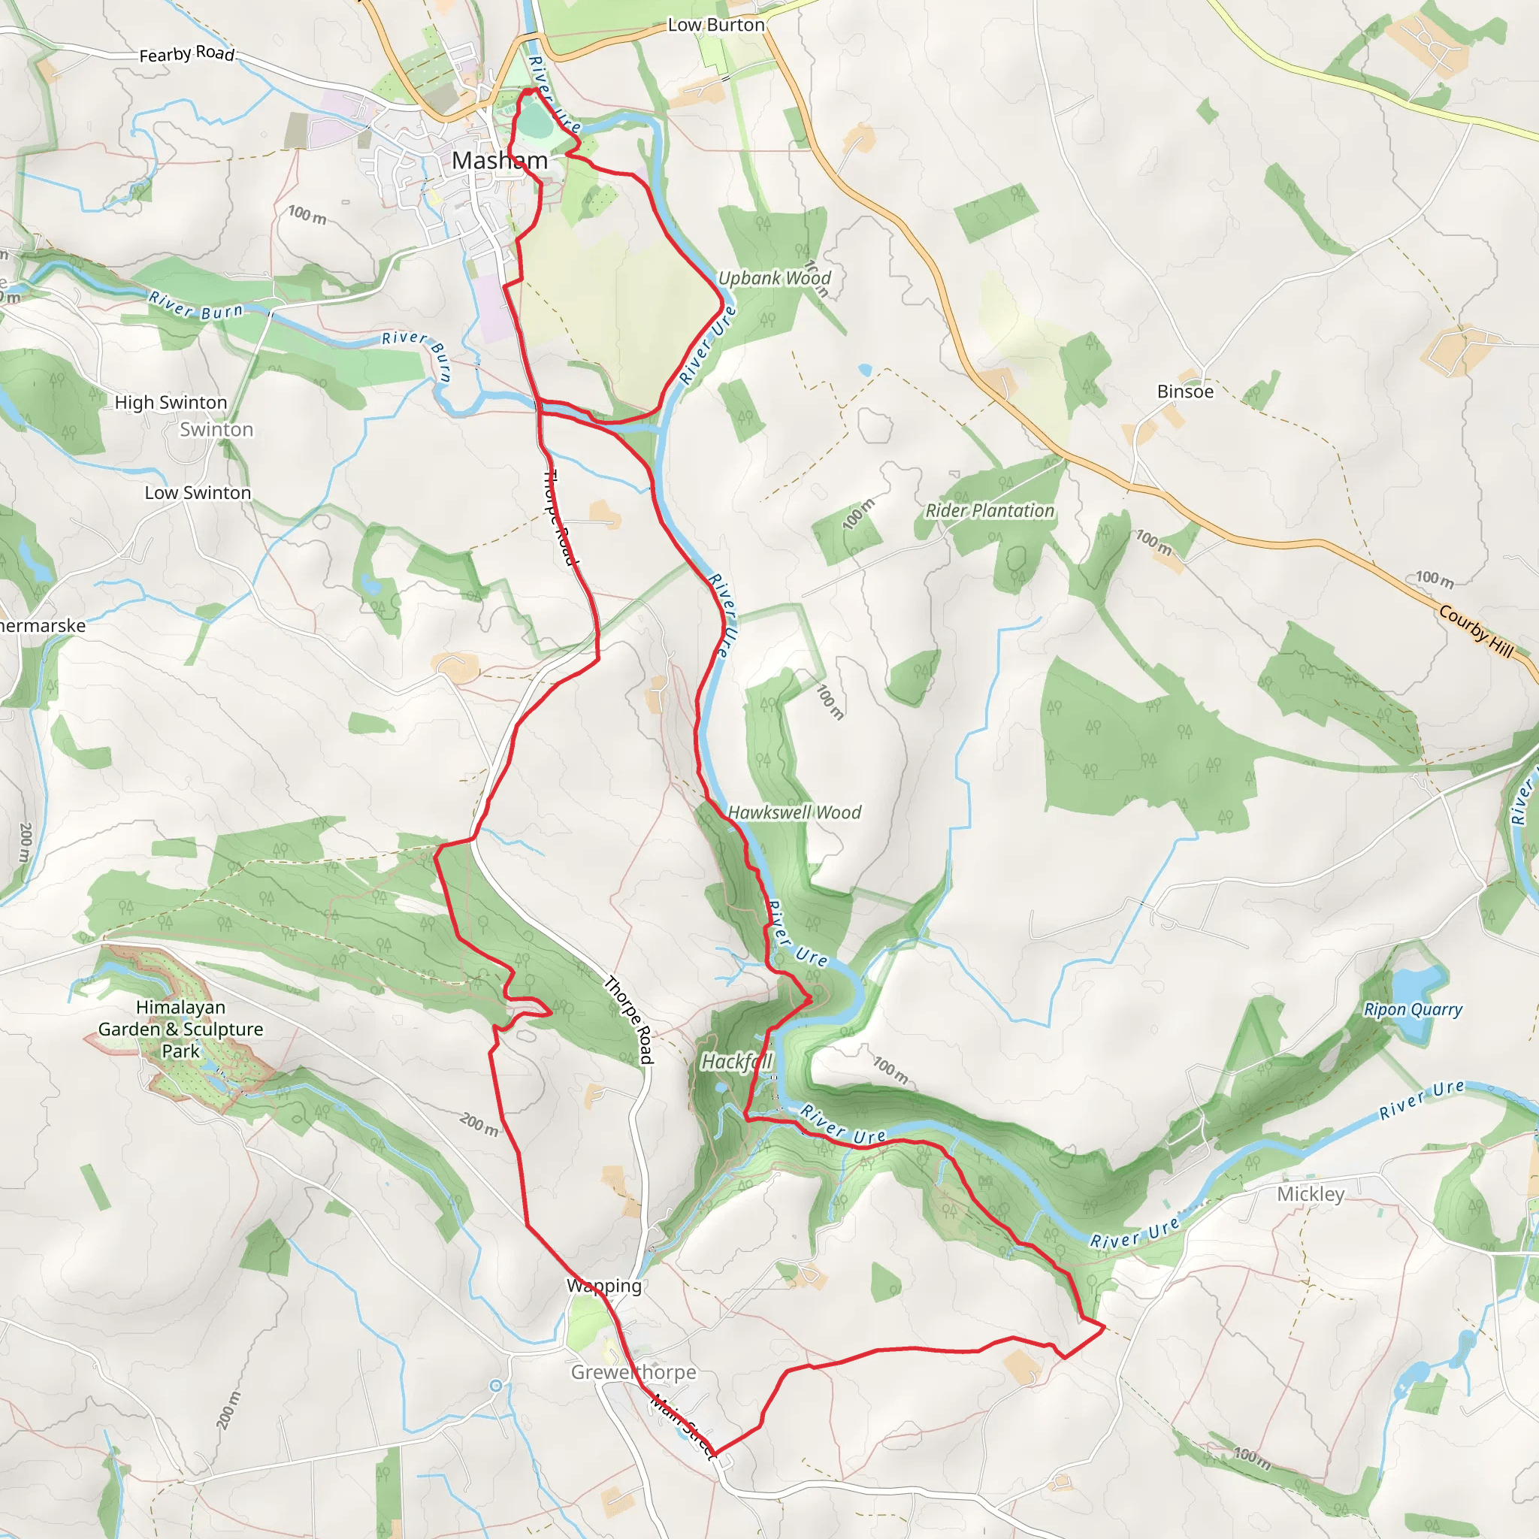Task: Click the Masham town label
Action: coord(500,160)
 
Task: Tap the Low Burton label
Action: coord(715,26)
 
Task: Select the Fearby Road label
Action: coord(187,54)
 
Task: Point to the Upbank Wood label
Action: coord(774,278)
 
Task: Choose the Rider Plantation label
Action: coord(990,510)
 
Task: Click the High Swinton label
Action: coord(171,402)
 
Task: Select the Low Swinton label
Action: coord(198,493)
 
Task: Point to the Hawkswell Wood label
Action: coord(794,812)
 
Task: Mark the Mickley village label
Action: coord(1311,1194)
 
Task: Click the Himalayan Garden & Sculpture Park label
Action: coord(181,1030)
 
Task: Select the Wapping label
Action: coord(604,1286)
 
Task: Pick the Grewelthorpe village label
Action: coord(633,1371)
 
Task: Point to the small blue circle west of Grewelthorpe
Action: coord(495,1386)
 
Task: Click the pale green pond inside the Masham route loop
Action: coord(536,121)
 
